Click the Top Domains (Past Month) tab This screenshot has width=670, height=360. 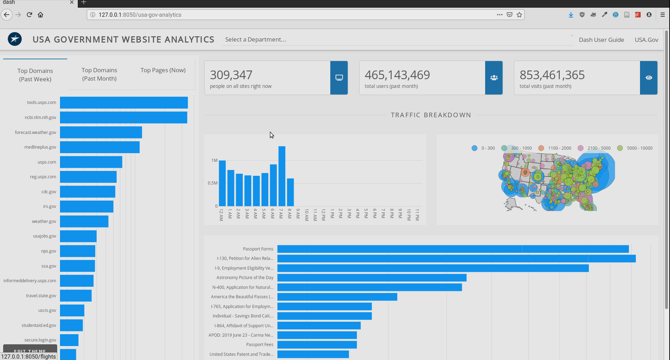pos(99,74)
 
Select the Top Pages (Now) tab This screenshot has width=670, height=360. pos(163,70)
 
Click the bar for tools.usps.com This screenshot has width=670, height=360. pos(124,103)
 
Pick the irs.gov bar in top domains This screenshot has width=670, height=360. pos(86,207)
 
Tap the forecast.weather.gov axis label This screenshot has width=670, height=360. pos(36,133)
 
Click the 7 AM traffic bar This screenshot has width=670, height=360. pos(282,176)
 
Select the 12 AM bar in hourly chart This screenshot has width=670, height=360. pos(222,183)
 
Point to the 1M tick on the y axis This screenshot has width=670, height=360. pos(214,160)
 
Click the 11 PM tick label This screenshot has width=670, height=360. pos(417,215)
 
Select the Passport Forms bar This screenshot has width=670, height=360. pos(453,249)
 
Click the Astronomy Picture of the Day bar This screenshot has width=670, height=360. pos(372,278)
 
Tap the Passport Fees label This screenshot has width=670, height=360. pos(259,345)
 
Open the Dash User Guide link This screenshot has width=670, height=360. pos(601,40)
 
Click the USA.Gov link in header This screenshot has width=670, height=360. pos(646,40)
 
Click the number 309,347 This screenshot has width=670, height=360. pos(231,75)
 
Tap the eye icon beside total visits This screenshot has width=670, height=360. pos(649,78)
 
